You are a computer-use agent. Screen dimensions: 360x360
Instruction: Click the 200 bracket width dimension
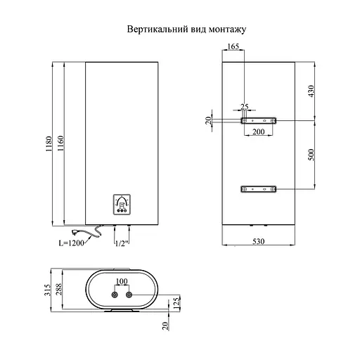pyautogui.click(x=258, y=132)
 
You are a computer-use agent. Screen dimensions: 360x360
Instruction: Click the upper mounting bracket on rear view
pyautogui.click(x=258, y=121)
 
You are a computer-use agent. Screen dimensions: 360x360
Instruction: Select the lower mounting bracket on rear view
pyautogui.click(x=258, y=188)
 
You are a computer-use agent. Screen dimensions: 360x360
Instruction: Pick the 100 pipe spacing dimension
pyautogui.click(x=120, y=282)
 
